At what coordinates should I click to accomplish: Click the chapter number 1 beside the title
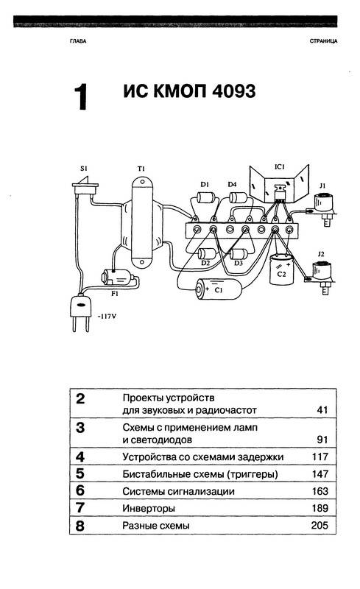point(80,97)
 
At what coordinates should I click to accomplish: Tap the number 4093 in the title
point(233,91)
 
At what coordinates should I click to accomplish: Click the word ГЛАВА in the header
point(78,41)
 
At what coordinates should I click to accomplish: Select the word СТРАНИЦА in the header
point(323,41)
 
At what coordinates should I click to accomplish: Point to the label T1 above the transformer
point(141,169)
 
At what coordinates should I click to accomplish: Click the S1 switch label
point(83,169)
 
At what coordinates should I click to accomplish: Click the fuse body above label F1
point(117,278)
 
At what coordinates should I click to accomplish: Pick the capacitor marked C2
point(281,269)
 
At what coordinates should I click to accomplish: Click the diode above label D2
point(206,253)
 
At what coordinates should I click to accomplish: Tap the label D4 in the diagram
point(232,185)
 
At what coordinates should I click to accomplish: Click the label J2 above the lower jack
point(320,254)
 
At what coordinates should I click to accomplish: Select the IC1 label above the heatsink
point(280,166)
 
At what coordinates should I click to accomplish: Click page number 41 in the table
point(322,410)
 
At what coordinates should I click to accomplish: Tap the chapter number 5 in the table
point(80,473)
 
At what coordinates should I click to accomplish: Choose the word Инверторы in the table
point(149,509)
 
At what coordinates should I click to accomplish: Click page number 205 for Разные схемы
point(320,525)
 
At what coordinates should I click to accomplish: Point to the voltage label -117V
point(107,317)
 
